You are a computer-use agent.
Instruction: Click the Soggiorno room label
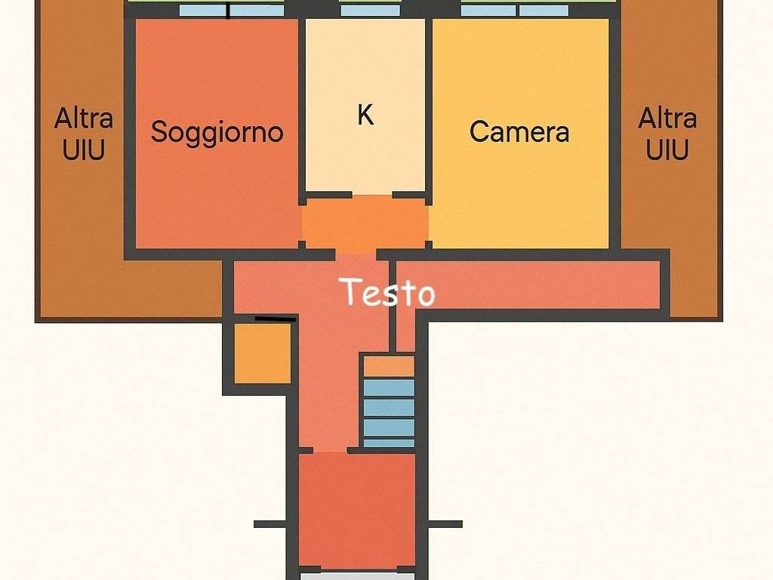click(x=217, y=132)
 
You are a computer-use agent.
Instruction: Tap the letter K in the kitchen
click(x=365, y=116)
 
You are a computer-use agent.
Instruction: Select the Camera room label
click(x=519, y=132)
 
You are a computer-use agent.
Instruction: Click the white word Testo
click(x=386, y=292)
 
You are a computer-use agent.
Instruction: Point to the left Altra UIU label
click(x=84, y=134)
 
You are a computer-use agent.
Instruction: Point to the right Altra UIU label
click(x=667, y=134)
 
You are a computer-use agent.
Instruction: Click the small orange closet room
click(x=262, y=353)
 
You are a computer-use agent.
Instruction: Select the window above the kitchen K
click(x=370, y=11)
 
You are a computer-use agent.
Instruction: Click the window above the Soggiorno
click(x=232, y=11)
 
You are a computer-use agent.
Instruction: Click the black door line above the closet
click(x=275, y=319)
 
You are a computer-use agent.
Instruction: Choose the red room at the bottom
click(x=356, y=510)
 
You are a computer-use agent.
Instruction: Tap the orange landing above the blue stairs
click(x=389, y=366)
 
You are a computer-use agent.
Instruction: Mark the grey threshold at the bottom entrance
click(x=356, y=575)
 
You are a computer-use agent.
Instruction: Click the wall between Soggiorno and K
click(x=302, y=106)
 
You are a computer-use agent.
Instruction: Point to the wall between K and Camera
click(x=428, y=106)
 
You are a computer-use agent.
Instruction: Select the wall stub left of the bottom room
click(x=269, y=524)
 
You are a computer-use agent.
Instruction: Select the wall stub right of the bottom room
click(x=445, y=524)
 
